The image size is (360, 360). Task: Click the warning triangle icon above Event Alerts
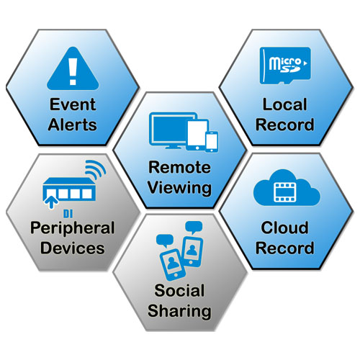[73, 70]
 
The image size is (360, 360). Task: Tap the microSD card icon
[285, 66]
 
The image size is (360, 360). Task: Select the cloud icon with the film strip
[287, 188]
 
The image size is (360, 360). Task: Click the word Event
[73, 104]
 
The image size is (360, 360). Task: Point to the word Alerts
[73, 125]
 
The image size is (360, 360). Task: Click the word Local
[285, 104]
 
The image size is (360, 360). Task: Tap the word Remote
[179, 167]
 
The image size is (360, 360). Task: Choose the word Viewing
[179, 188]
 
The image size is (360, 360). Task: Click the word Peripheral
[73, 228]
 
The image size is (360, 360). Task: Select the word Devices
[73, 248]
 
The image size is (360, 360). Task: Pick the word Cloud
[284, 228]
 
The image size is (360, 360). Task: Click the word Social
[179, 290]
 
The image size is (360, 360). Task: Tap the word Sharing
[179, 311]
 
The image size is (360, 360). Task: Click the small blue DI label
[68, 214]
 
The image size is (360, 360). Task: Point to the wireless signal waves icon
[96, 168]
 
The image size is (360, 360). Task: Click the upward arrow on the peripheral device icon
[51, 202]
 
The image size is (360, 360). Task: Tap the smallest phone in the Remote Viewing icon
[212, 142]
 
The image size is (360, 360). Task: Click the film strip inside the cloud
[285, 192]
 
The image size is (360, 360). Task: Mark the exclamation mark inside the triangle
[73, 71]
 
